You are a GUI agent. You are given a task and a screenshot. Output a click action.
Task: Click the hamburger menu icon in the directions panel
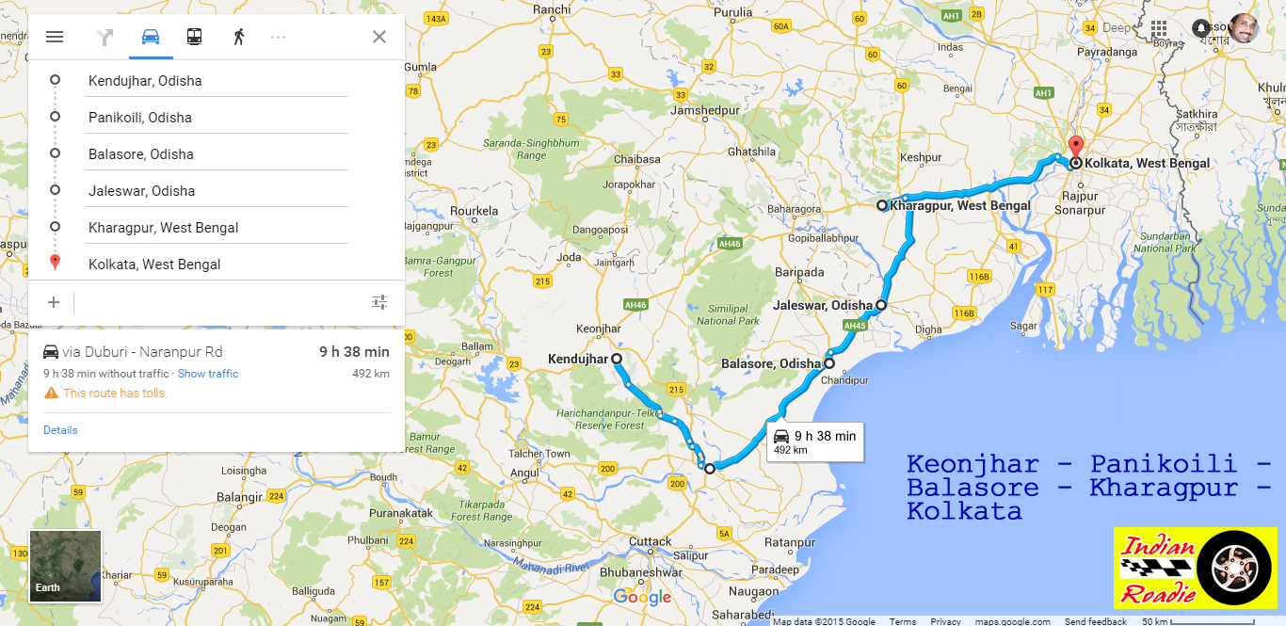point(55,37)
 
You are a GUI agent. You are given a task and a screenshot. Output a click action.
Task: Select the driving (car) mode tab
point(151,37)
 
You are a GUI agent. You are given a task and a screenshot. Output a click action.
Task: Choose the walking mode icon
point(239,37)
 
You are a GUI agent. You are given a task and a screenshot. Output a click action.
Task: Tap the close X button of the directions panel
point(379,37)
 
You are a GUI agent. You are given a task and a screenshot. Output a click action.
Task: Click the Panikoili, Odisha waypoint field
point(217,118)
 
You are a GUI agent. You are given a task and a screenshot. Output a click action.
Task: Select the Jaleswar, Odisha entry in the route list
point(217,191)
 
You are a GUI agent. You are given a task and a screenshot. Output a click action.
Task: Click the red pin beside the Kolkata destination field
point(55,263)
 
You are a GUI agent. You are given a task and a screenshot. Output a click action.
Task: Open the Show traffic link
point(208,374)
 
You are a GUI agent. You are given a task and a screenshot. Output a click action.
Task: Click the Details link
point(60,430)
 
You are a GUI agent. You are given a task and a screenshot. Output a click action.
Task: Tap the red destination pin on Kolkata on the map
point(1076,148)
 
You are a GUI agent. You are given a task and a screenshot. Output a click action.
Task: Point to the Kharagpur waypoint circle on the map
point(882,205)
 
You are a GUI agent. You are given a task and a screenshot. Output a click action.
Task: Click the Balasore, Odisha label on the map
point(771,363)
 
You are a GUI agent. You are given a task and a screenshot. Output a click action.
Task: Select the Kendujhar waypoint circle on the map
point(617,359)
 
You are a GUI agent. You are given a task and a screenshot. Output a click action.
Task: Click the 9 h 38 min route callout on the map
point(815,441)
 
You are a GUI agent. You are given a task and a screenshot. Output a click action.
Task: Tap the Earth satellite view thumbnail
point(65,566)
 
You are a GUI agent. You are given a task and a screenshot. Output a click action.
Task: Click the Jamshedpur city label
point(705,110)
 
